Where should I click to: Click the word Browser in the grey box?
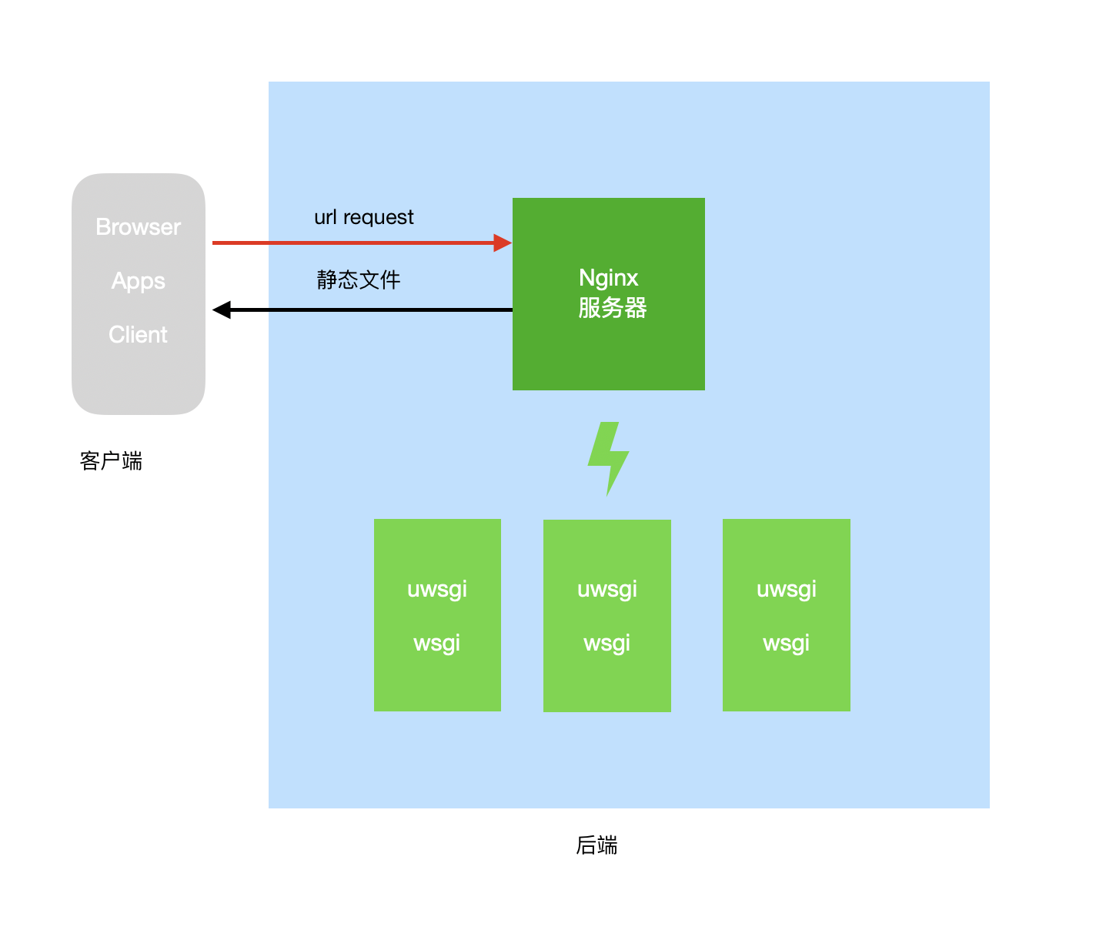tap(139, 227)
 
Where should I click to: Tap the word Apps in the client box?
tap(139, 281)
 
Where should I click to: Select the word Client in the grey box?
tap(139, 335)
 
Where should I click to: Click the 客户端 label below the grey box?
tap(111, 461)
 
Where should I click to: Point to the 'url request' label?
tap(363, 217)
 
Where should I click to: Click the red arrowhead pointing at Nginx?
tap(503, 243)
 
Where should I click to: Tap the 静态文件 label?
tap(358, 279)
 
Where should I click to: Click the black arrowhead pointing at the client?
tap(222, 310)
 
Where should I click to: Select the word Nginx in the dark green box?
tap(608, 278)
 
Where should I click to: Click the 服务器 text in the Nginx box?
tap(612, 308)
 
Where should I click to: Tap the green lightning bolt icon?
tap(608, 457)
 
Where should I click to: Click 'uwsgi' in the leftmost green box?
tap(437, 590)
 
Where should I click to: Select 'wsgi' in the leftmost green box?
tap(437, 643)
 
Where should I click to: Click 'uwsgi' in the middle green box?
tap(607, 590)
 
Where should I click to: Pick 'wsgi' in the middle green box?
tap(607, 643)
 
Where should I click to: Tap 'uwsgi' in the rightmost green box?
tap(786, 590)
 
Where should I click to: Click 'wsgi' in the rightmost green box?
tap(786, 643)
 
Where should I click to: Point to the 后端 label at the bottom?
tap(596, 845)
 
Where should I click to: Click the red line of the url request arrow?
tap(346, 243)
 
